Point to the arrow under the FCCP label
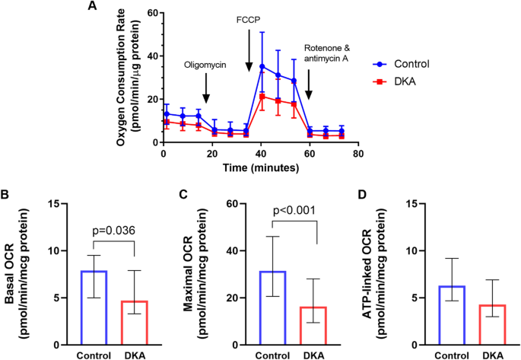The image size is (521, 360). (249, 58)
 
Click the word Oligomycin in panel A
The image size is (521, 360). (206, 66)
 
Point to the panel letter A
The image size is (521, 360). (93, 7)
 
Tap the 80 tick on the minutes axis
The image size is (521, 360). (357, 153)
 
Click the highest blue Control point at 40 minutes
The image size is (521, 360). (262, 66)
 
